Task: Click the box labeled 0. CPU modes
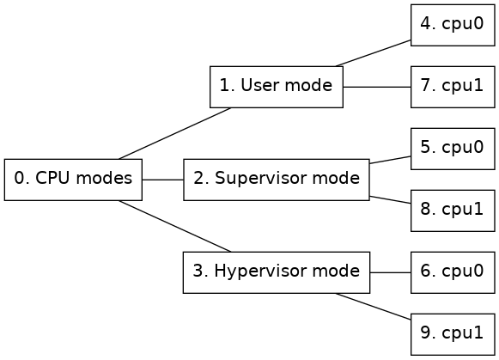pyautogui.click(x=73, y=180)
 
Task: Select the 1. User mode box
pyautogui.click(x=277, y=87)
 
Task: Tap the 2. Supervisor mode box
pyautogui.click(x=277, y=180)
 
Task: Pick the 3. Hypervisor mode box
pyautogui.click(x=277, y=272)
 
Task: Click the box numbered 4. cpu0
pyautogui.click(x=453, y=25)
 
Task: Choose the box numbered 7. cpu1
pyautogui.click(x=453, y=87)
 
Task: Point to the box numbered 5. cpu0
pyautogui.click(x=453, y=149)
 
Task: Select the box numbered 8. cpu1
pyautogui.click(x=453, y=211)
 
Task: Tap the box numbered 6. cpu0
pyautogui.click(x=453, y=272)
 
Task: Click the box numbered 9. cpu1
pyautogui.click(x=453, y=334)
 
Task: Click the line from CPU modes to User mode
pyautogui.click(x=175, y=133)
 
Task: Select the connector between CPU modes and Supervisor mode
pyautogui.click(x=163, y=180)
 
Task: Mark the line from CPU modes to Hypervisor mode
pyautogui.click(x=175, y=226)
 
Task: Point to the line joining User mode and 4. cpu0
pyautogui.click(x=373, y=53)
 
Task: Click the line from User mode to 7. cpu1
pyautogui.click(x=377, y=87)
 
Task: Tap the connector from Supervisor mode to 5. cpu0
pyautogui.click(x=390, y=160)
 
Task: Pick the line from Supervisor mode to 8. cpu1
pyautogui.click(x=390, y=199)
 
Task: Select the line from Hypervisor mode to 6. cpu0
pyautogui.click(x=391, y=272)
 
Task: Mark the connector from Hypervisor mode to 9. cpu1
pyautogui.click(x=373, y=306)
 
